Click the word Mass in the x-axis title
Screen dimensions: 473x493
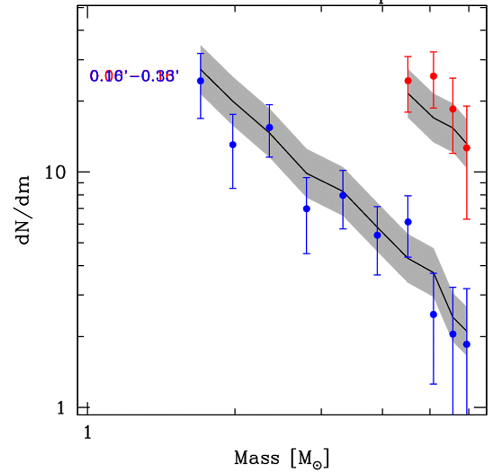click(257, 458)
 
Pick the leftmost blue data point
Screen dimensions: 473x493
click(201, 81)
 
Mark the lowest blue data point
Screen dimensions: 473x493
click(467, 344)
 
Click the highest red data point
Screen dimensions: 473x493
click(433, 76)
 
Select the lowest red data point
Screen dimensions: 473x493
click(467, 148)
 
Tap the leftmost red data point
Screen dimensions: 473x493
click(408, 81)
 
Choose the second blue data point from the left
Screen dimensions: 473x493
click(233, 145)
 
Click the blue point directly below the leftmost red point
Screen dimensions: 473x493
click(408, 222)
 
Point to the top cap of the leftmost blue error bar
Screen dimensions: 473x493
click(201, 53)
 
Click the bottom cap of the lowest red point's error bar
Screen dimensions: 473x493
click(467, 219)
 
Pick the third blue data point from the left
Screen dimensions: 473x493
click(269, 128)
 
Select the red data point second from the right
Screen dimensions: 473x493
click(453, 109)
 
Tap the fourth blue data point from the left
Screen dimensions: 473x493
click(306, 209)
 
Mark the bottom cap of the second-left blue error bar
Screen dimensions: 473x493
click(233, 188)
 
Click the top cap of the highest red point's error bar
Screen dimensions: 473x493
click(433, 52)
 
